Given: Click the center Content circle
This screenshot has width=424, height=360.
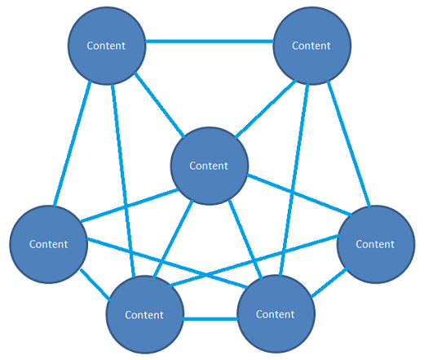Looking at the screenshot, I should coord(209,166).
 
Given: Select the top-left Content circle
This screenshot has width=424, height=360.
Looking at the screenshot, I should coord(106,47).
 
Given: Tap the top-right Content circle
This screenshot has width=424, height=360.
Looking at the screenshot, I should coord(311,47).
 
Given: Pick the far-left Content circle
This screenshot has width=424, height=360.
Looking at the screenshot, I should coord(48,244).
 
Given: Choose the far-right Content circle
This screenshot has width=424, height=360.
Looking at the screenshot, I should coord(375,244).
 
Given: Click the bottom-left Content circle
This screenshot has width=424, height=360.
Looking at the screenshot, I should coord(144,314).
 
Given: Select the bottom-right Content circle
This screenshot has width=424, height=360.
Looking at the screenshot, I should coord(275,314).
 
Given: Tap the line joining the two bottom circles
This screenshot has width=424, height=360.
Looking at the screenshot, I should coord(210,317).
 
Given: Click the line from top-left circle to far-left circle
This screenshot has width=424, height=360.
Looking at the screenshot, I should coord(71,143).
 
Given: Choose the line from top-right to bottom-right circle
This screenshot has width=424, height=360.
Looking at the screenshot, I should coord(295,180).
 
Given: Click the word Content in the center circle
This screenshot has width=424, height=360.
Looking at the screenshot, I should coord(209,166).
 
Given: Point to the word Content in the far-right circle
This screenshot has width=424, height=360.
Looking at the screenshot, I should coord(375,244).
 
